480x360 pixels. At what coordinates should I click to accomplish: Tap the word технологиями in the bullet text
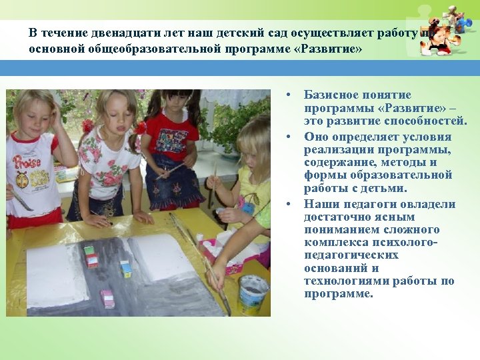345,281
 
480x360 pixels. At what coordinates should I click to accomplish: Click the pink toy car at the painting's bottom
107,297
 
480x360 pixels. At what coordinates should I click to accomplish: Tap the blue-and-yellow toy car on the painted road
125,268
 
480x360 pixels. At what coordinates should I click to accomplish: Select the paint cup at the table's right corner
253,294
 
